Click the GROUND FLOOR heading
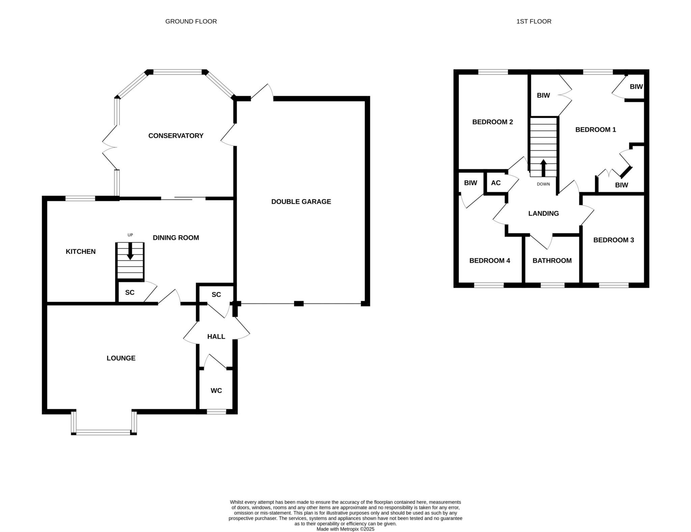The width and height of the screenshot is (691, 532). click(191, 21)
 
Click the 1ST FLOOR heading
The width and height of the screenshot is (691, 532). click(534, 21)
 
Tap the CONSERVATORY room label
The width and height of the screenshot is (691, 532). click(176, 136)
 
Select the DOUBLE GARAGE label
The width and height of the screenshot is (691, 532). click(301, 202)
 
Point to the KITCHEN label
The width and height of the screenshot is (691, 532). click(81, 252)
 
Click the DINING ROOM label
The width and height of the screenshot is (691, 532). click(176, 238)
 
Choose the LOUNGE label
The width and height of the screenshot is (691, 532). click(121, 358)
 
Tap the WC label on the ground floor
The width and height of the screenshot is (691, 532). click(216, 390)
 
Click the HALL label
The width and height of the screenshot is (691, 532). click(216, 336)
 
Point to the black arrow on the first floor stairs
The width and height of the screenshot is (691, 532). click(543, 168)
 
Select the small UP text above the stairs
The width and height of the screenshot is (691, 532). click(130, 235)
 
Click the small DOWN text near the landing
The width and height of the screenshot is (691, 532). click(543, 184)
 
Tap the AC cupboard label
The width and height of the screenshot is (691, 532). click(496, 183)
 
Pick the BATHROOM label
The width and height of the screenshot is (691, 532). click(552, 261)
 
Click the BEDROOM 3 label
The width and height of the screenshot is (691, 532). click(613, 240)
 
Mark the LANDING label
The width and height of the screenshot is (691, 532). click(543, 213)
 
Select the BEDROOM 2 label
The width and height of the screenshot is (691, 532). click(492, 122)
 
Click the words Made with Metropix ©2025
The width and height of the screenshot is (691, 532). click(345, 529)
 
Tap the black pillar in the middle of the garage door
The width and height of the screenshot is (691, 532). click(299, 303)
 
